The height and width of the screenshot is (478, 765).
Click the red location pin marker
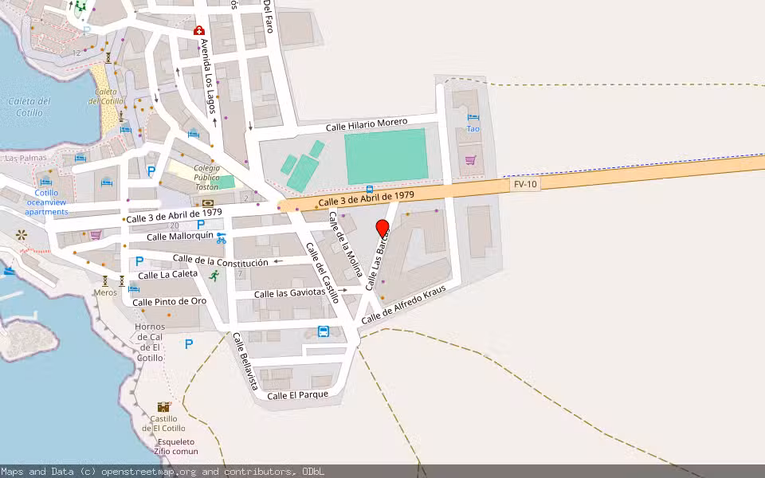(x=382, y=229)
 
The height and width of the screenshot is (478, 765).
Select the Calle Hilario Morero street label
(x=367, y=125)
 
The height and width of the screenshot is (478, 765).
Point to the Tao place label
(x=473, y=128)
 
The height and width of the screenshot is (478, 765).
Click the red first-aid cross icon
(x=198, y=30)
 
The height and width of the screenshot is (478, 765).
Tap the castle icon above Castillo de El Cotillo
(x=163, y=407)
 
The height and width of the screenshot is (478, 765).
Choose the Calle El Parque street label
(x=298, y=395)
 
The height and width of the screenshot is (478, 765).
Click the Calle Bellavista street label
(x=245, y=361)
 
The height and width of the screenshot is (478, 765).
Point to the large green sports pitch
(x=386, y=156)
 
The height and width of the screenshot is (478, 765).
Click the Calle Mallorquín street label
(x=180, y=236)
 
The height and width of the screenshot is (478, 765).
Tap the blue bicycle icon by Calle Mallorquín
(x=221, y=237)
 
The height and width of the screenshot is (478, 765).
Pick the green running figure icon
(x=214, y=276)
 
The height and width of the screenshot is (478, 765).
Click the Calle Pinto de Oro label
(x=170, y=302)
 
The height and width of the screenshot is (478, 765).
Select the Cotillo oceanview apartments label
(x=46, y=202)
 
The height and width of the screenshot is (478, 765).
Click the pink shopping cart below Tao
(x=470, y=160)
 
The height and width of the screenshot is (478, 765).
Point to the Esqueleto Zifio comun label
(x=175, y=446)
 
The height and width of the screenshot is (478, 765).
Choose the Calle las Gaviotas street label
(x=290, y=294)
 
